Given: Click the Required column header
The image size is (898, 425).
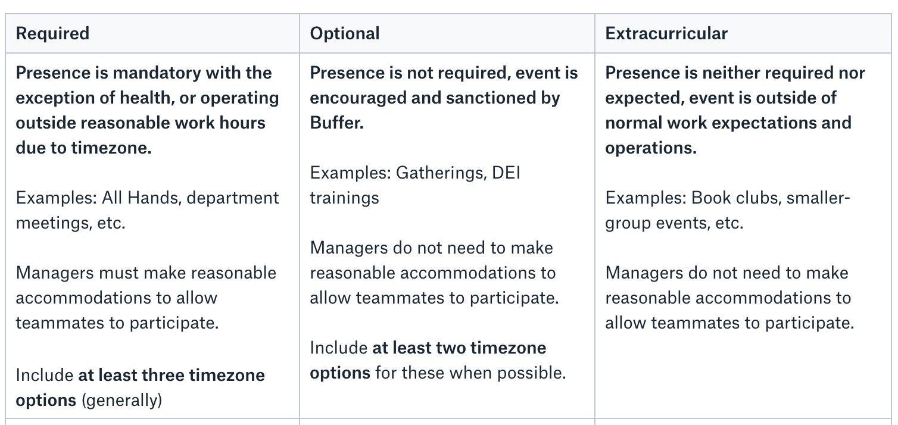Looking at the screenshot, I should (52, 33).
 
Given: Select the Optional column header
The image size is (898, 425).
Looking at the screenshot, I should (345, 33).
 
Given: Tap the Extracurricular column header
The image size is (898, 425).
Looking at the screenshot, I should (666, 33).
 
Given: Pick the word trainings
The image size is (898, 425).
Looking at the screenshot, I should (344, 198).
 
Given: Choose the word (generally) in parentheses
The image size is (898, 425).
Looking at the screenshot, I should (121, 401).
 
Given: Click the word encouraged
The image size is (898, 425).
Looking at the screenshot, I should (359, 98).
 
